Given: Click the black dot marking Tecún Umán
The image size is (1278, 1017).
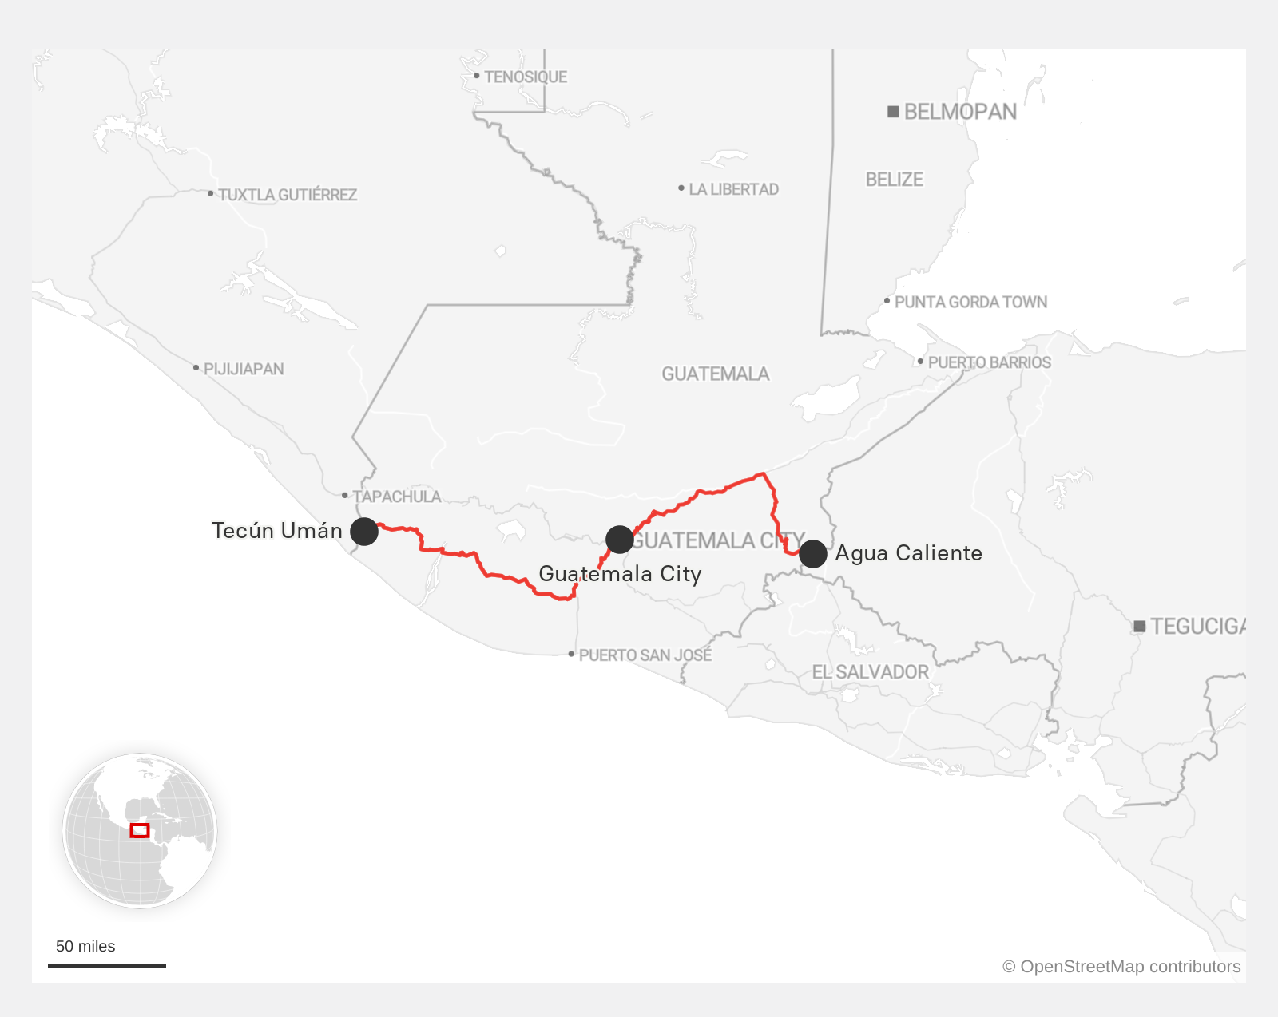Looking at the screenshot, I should coord(364,531).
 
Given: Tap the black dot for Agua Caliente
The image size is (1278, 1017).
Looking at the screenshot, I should coord(813,553).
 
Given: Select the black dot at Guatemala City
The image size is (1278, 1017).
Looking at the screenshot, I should coord(620,540).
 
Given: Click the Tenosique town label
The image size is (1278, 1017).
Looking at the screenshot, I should coord(525,77).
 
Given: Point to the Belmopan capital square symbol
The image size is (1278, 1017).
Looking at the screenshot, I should coord(894,112).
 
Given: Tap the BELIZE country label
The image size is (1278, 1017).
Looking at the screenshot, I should coord(894,180).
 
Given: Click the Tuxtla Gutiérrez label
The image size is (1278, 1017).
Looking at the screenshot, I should coord(287,195).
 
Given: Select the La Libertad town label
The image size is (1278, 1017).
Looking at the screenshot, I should coord(733,189).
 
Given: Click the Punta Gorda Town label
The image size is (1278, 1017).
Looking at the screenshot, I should coord(970,302).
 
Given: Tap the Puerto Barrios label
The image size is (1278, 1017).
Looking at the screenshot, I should coord(989,362).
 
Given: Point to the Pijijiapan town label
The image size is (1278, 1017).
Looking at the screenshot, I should coord(243,369).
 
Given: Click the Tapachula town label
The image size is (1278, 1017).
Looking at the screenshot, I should coord(396,497).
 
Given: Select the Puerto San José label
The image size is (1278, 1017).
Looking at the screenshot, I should coord(645,655).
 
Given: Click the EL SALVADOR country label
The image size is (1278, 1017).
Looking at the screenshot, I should coord(870,672).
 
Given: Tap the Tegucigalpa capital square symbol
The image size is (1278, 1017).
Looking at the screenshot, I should coord(1140,627).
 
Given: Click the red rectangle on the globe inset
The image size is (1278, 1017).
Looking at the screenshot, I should coord(140,830).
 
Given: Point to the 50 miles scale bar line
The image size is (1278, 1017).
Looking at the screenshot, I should coord(107,966).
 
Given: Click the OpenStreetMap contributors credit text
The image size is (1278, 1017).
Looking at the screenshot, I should coord(1121,967).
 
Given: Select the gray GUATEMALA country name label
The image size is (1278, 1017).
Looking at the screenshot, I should coord(715,374).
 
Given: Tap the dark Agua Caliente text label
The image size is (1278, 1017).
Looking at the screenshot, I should coord(908,553).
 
